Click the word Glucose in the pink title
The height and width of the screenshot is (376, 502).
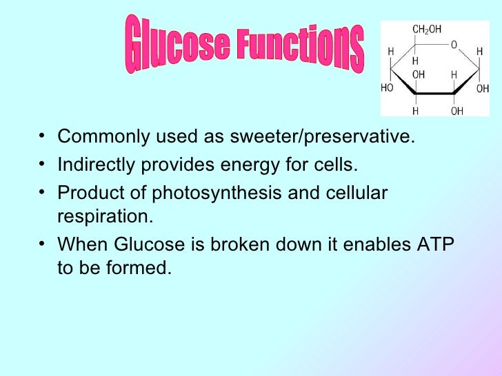[177, 43]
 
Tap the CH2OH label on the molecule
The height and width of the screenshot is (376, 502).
[427, 30]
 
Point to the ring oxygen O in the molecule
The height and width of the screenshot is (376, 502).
[453, 45]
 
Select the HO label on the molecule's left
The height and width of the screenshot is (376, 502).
[388, 89]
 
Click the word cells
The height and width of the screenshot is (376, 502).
[340, 166]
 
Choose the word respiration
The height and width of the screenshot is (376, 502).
[103, 216]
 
